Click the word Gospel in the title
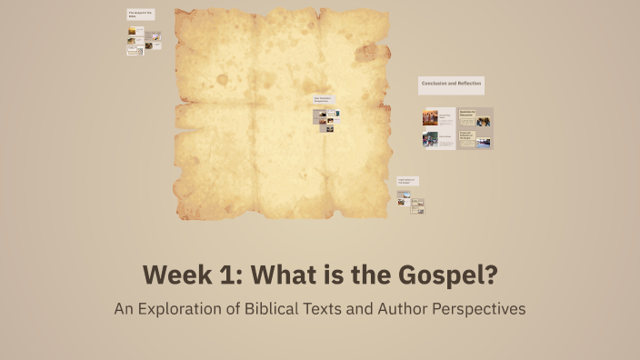(442, 274)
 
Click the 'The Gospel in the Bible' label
(140, 15)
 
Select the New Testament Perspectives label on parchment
(325, 99)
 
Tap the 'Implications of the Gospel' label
(407, 182)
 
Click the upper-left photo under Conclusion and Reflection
(430, 117)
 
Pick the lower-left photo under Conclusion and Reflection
(430, 140)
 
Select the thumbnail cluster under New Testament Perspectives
(326, 119)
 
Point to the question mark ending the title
(492, 274)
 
